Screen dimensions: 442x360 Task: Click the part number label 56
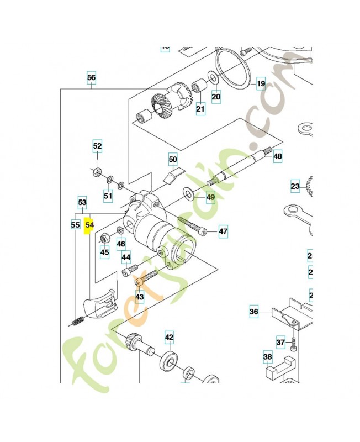point(92,78)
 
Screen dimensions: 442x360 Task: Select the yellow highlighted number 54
point(89,225)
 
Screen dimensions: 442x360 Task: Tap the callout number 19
point(261,84)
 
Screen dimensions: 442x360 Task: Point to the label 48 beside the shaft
point(277,156)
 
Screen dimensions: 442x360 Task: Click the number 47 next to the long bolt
point(223,231)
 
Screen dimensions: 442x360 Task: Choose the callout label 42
point(169,337)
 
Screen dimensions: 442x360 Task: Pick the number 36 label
point(253,312)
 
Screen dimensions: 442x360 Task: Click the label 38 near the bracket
point(268,357)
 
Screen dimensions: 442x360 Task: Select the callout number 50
point(173,160)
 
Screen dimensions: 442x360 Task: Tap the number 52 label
point(97,146)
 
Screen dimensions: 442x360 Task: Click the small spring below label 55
point(77,320)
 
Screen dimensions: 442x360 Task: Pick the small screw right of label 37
point(294,343)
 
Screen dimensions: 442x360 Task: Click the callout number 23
point(295,186)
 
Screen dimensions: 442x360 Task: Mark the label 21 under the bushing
point(199,109)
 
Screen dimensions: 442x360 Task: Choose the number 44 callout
point(126,257)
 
